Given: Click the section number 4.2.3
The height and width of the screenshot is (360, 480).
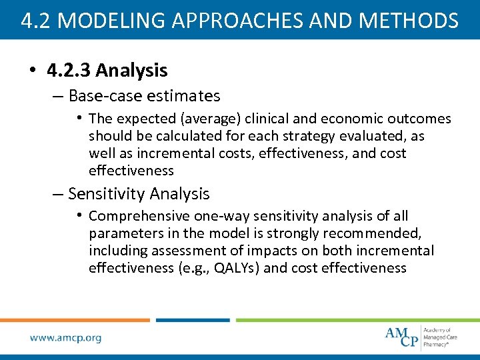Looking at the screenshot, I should (71, 70).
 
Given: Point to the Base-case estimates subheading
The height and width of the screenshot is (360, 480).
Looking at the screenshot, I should (144, 96).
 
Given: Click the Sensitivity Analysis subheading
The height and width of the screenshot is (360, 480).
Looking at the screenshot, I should (139, 194).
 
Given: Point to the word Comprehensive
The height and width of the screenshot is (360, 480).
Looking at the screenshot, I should (139, 216).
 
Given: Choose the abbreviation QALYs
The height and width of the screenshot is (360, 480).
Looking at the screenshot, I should (240, 268).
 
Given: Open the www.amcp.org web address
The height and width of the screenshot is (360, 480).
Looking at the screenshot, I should (65, 337).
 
